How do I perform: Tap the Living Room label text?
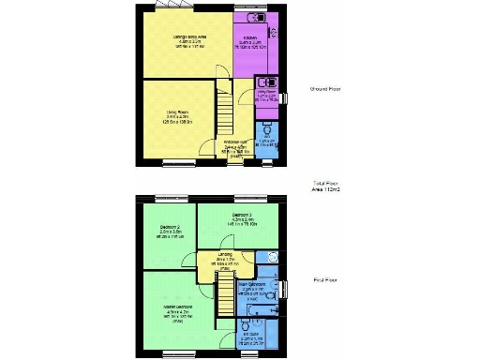pos(172,118)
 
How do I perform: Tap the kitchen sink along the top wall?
pos(253,18)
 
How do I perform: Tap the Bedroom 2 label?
pos(170,232)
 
